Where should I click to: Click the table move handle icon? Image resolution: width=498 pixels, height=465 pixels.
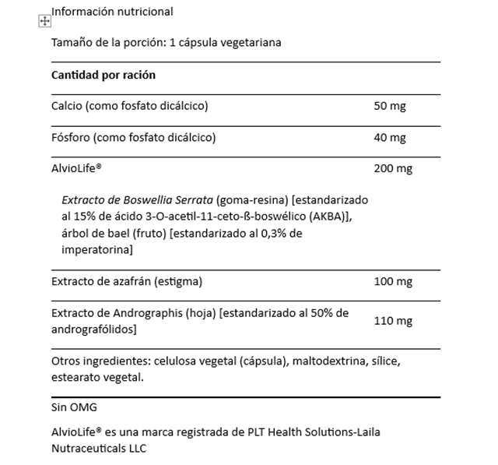pos(44,22)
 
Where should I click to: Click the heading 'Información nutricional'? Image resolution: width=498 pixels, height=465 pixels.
pos(112,12)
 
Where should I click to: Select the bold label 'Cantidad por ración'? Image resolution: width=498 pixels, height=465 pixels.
pos(103,76)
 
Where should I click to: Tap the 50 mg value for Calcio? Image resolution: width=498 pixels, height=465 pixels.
pos(390,106)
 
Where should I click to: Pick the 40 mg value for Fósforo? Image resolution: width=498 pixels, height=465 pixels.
pos(390,138)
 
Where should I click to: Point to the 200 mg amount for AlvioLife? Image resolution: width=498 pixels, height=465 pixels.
pos(393,169)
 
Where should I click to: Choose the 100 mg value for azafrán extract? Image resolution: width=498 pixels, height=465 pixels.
pos(393,281)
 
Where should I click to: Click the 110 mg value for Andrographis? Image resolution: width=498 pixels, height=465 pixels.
pos(393,321)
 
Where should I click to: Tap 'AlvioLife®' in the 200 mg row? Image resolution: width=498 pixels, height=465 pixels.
pos(78,169)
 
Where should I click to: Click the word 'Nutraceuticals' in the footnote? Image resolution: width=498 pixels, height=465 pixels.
pos(87,449)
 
